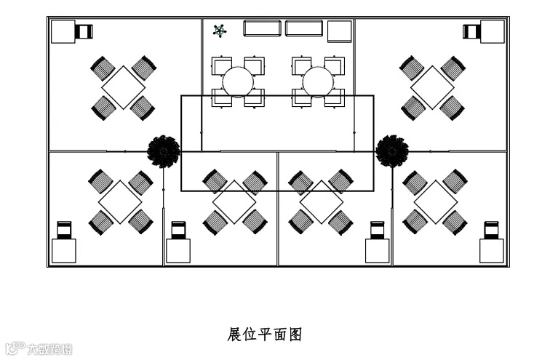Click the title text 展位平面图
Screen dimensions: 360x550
click(264, 335)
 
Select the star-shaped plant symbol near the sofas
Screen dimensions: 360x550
click(220, 31)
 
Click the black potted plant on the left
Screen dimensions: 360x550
click(163, 151)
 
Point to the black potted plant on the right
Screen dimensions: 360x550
click(392, 150)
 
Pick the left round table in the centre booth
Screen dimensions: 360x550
click(238, 81)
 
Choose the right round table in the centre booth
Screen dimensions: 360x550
click(317, 81)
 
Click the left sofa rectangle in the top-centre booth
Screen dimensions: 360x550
click(262, 28)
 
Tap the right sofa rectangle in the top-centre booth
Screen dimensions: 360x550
click(303, 28)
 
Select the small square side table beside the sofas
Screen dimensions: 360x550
click(339, 31)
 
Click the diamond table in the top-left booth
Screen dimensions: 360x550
click(123, 87)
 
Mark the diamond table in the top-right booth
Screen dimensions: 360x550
click(432, 87)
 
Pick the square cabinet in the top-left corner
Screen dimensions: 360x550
click(63, 32)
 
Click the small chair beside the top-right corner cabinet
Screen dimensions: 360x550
click(471, 31)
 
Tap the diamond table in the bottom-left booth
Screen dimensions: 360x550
click(120, 201)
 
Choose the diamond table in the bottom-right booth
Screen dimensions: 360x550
click(435, 201)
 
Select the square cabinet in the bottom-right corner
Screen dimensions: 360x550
click(491, 251)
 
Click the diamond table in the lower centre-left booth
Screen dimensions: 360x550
click(234, 201)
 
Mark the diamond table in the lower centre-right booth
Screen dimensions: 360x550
click(321, 201)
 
